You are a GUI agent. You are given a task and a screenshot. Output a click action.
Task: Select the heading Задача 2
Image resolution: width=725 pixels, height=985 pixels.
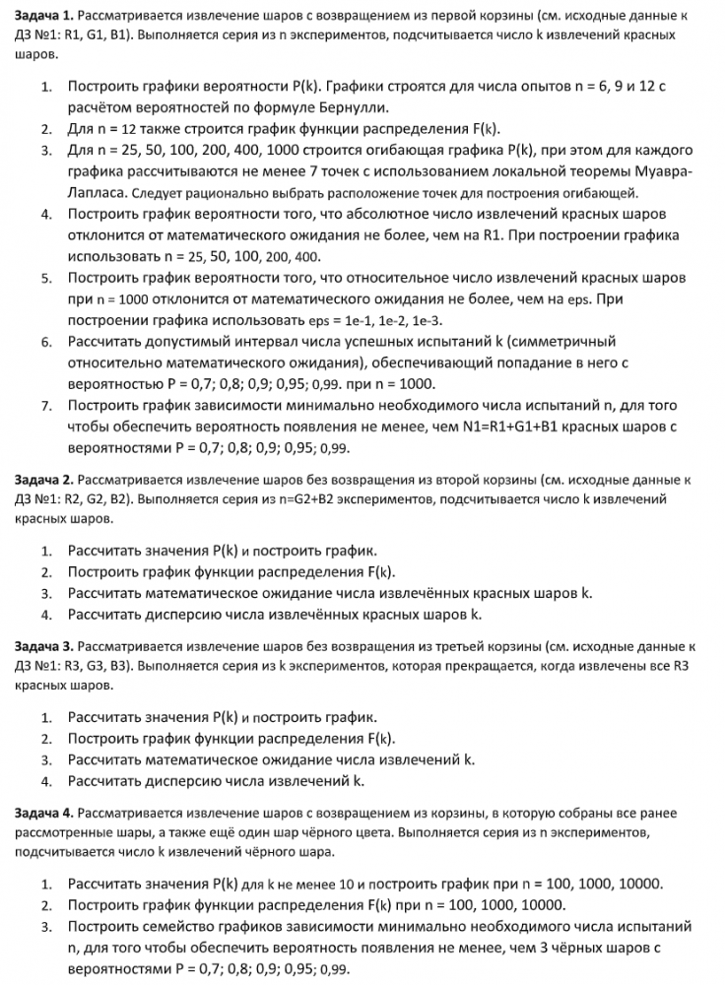pyautogui.click(x=41, y=480)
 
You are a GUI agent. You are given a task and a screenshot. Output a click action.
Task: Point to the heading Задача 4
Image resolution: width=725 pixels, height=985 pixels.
pyautogui.click(x=41, y=814)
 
